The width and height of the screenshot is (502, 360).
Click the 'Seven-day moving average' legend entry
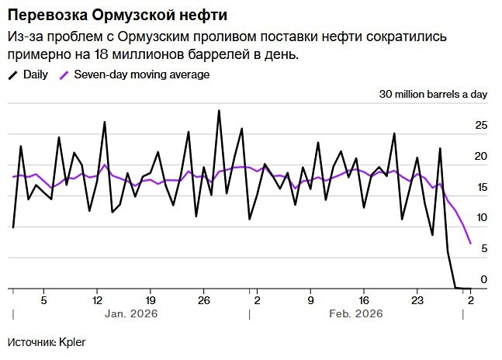tap(140, 74)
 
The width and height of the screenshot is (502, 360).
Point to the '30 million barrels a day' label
tap(433, 95)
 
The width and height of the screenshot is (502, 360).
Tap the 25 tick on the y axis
tap(481, 126)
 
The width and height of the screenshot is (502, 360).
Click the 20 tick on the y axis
tap(481, 157)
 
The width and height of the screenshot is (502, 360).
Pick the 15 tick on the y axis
tap(481, 188)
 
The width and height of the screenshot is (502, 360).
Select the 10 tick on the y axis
tap(481, 218)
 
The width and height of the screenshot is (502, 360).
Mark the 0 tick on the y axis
tap(483, 279)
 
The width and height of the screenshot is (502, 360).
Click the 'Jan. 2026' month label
tap(131, 314)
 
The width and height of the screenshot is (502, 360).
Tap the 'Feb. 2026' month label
tap(356, 314)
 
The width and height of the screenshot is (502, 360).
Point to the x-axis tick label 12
tap(97, 299)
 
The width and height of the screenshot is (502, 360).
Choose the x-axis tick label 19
tap(151, 299)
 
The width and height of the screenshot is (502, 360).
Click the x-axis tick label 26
tap(204, 299)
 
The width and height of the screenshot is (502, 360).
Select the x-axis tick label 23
tap(417, 299)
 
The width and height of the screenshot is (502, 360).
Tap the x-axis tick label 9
tap(310, 299)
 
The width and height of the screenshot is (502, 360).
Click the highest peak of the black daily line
tap(219, 110)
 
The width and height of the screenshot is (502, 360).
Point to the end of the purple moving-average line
tap(470, 244)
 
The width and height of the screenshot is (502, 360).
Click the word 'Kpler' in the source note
tap(72, 341)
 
